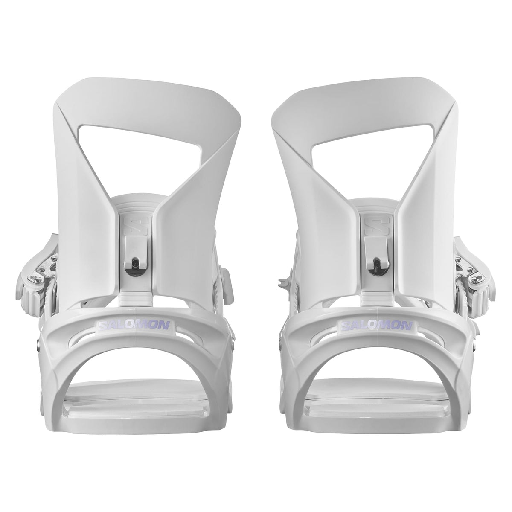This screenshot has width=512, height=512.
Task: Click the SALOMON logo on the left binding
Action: (x=134, y=326)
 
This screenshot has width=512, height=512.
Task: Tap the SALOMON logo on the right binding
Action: (x=376, y=326)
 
